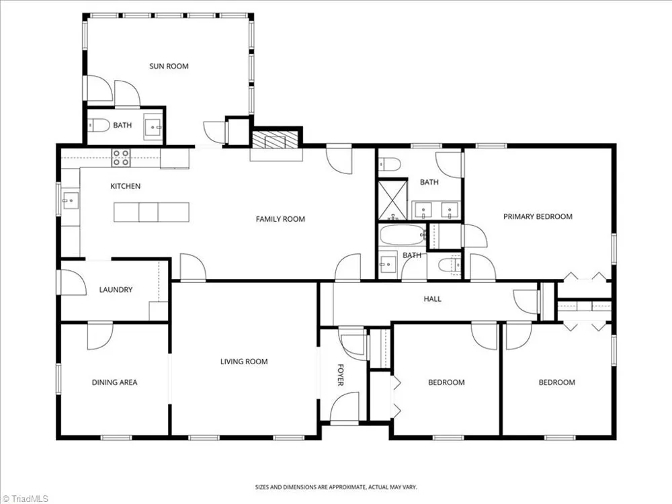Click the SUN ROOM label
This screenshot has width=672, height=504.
click(169, 67)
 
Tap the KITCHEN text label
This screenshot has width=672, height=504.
click(125, 186)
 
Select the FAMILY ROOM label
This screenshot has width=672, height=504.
click(280, 219)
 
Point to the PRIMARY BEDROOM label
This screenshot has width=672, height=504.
click(538, 216)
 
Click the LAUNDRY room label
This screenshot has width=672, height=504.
click(116, 290)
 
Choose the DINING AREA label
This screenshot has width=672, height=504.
click(114, 382)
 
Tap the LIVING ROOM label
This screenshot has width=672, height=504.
click(244, 362)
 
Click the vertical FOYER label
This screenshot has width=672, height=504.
click(341, 375)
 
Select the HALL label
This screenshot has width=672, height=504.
click(432, 299)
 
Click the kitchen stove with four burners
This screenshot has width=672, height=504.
click(121, 158)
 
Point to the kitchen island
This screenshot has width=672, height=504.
click(151, 212)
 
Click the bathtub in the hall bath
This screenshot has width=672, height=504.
click(402, 235)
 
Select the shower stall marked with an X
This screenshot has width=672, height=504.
click(392, 200)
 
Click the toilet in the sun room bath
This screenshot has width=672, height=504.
click(98, 126)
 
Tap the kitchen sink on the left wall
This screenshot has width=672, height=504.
click(71, 200)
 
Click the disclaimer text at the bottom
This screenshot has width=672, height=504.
click(336, 487)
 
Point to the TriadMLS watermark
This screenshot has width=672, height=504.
click(25, 499)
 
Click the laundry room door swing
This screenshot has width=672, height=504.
click(74, 282)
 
